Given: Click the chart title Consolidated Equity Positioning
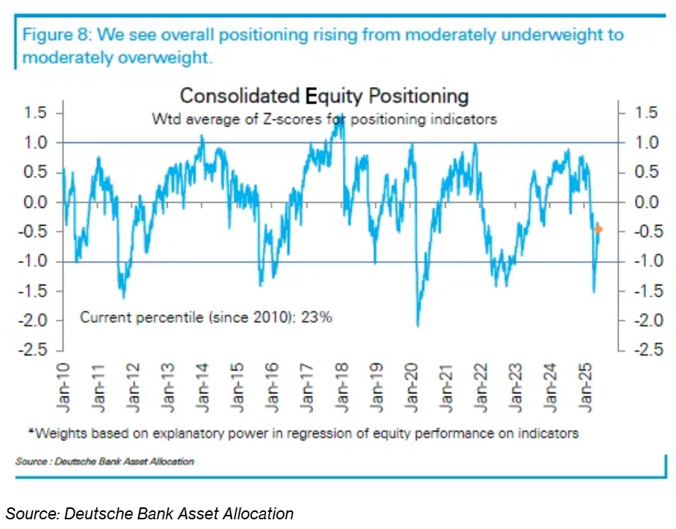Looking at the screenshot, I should tap(324, 96).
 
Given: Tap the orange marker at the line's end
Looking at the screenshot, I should tap(599, 229).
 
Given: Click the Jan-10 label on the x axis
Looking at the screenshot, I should tap(66, 387).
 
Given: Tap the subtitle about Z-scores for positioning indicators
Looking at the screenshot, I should tap(324, 118).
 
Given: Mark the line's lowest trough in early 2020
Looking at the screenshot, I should tap(418, 325).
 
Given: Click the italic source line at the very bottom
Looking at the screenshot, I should tap(150, 513).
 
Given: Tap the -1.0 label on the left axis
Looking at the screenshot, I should tap(33, 262).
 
